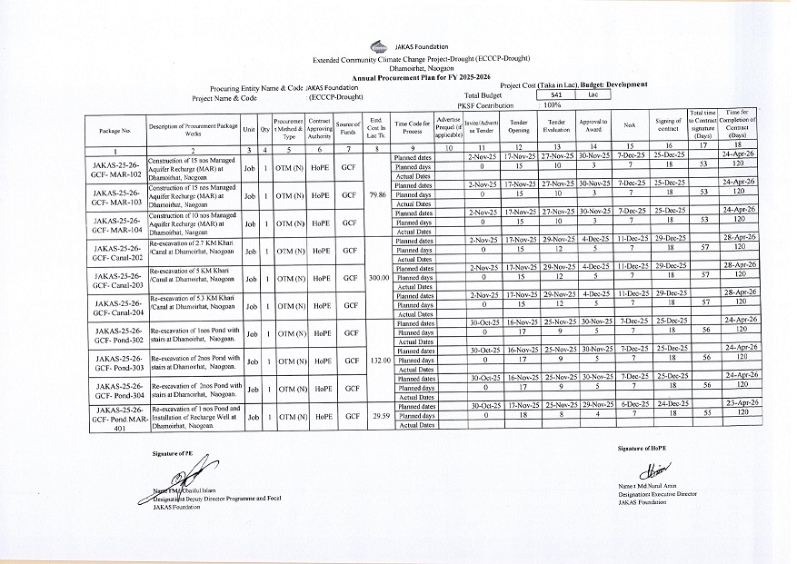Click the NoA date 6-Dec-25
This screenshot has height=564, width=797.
pyautogui.click(x=630, y=406)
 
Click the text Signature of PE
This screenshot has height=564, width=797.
pyautogui.click(x=174, y=451)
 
